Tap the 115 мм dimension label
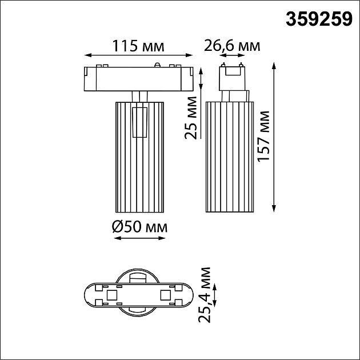tap(137, 46)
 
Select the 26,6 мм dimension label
tap(232, 46)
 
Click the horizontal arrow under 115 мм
tap(137, 56)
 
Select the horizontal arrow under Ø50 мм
tap(139, 238)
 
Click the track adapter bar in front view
tap(137, 79)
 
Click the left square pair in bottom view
tap(110, 295)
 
